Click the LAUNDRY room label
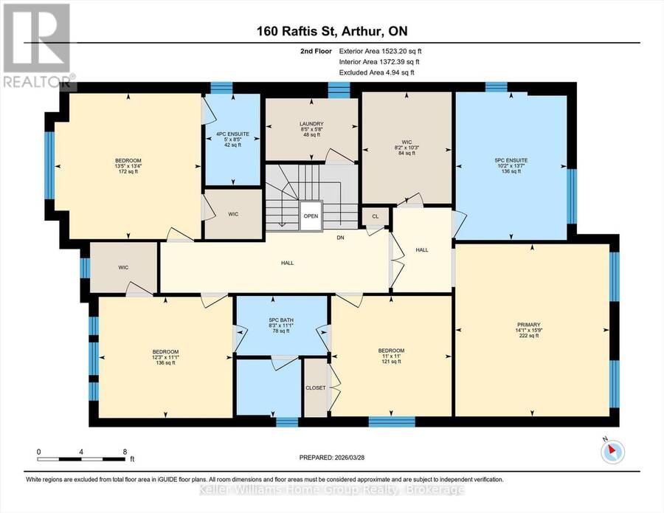[311, 124]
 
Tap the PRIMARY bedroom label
[528, 325]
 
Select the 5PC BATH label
[281, 320]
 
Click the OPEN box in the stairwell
[311, 216]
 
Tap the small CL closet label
[376, 216]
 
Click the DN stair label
[340, 238]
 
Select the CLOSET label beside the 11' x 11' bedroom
[316, 388]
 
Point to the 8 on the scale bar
[125, 452]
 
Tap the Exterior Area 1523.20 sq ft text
[380, 51]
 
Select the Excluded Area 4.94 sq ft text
[376, 72]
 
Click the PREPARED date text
[331, 458]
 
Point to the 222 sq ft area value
[528, 336]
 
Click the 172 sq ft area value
[128, 171]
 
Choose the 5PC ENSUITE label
[511, 161]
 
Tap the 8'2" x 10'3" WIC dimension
[407, 148]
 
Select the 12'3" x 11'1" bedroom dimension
[165, 357]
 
